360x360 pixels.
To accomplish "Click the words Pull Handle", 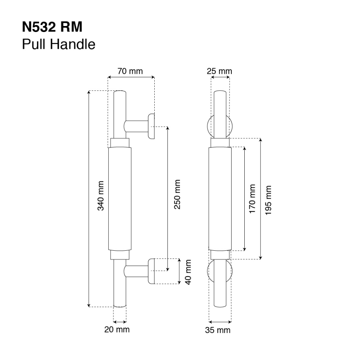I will [59, 44].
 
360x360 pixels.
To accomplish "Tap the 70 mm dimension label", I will [130, 71].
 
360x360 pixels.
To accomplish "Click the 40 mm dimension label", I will [188, 272].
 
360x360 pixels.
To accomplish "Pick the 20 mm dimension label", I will [117, 330].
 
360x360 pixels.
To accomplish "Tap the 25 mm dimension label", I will [219, 71].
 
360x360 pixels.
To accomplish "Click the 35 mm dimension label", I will [218, 330].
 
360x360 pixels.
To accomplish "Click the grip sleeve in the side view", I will [120, 199].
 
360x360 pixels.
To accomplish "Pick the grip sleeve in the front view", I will [220, 199].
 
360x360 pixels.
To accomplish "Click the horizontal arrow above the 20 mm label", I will [120, 321].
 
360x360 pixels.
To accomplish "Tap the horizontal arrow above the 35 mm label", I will [220, 321].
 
